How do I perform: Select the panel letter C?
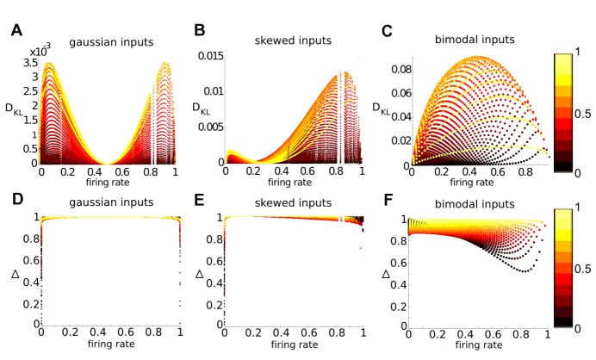[x=388, y=31]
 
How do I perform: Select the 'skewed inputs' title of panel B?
[x=291, y=40]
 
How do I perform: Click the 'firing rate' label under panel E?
[x=293, y=345]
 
